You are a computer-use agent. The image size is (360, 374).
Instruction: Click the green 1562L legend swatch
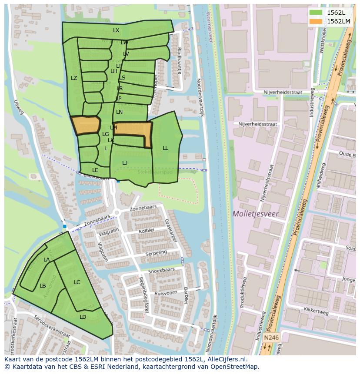click(x=316, y=13)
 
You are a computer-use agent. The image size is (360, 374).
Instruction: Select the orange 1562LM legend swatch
click(x=316, y=21)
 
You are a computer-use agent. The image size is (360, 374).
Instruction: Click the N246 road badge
click(x=271, y=337)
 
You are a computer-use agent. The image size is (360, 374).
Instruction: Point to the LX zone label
click(x=116, y=30)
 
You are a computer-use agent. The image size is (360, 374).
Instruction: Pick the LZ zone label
click(x=74, y=78)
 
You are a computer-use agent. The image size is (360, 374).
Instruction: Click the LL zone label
click(x=165, y=148)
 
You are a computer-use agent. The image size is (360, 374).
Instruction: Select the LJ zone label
click(x=125, y=163)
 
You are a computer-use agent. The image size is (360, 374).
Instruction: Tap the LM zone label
click(x=113, y=128)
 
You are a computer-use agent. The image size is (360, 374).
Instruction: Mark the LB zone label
click(x=43, y=286)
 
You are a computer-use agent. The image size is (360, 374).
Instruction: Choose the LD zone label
click(x=83, y=317)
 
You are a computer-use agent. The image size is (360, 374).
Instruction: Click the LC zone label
click(x=77, y=282)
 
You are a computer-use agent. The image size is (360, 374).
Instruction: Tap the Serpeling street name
click(x=156, y=253)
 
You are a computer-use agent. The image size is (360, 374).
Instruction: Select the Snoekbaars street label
click(x=161, y=270)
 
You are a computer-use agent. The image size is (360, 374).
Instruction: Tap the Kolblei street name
click(x=147, y=230)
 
